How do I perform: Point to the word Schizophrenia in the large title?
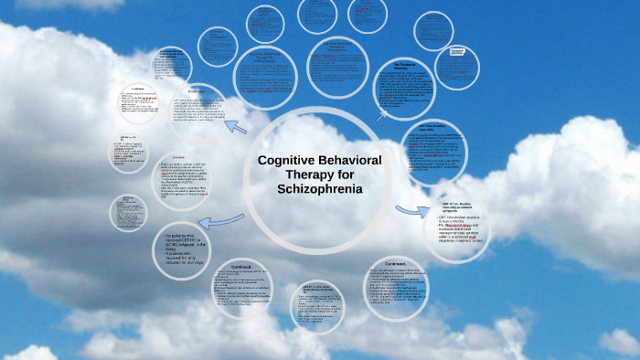[319, 189]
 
